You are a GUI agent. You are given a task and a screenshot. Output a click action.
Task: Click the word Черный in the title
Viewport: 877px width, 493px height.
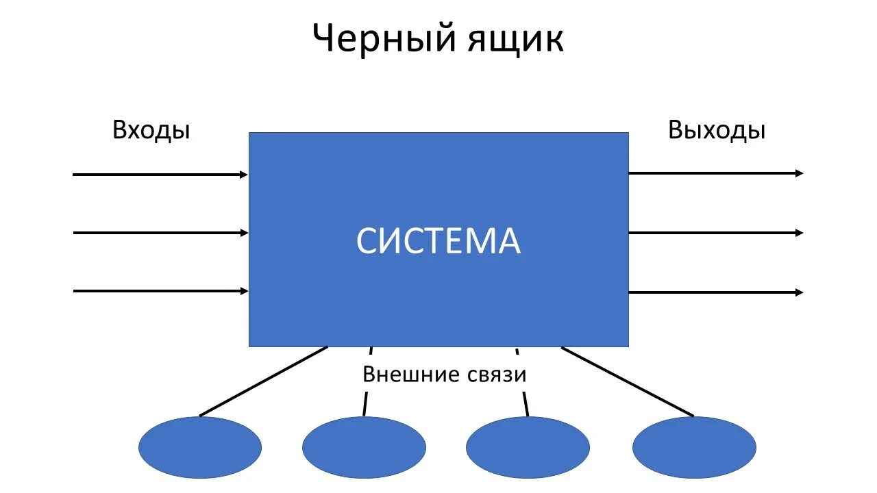[x=384, y=39]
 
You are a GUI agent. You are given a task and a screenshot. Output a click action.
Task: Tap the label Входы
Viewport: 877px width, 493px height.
[x=151, y=130]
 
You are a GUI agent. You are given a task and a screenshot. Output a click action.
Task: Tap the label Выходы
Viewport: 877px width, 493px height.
[x=717, y=130]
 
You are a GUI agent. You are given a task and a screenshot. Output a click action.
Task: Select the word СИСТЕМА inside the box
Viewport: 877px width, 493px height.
[x=438, y=241]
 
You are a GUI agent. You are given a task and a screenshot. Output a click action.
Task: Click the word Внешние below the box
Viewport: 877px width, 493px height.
[x=402, y=375]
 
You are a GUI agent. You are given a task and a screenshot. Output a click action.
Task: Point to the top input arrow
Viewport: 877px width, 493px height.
[x=160, y=175]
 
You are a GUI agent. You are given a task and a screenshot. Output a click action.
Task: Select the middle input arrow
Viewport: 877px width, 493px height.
[x=160, y=233]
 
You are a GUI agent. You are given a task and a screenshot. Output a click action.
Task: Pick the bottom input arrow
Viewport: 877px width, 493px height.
[x=160, y=291]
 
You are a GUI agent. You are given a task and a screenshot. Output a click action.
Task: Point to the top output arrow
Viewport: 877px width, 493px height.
[x=713, y=173]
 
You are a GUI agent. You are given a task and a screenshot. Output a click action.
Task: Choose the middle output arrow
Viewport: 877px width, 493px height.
[x=713, y=233]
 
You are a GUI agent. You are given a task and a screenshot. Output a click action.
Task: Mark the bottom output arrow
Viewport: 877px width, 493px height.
[x=713, y=292]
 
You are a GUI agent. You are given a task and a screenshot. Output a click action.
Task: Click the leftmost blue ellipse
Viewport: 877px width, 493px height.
[x=200, y=448]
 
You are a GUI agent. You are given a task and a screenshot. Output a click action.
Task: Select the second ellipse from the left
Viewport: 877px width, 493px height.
[x=364, y=448]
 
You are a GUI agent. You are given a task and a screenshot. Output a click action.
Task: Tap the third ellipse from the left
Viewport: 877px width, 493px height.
[x=528, y=448]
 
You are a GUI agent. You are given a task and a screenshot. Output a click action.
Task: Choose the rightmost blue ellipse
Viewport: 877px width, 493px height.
[x=694, y=448]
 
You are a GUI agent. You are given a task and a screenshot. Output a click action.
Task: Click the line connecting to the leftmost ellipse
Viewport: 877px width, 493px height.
[x=264, y=381]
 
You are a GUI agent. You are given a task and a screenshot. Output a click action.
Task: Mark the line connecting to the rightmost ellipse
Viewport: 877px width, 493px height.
[x=627, y=381]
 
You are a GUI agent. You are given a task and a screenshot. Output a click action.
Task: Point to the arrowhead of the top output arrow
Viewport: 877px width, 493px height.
[x=799, y=173]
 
